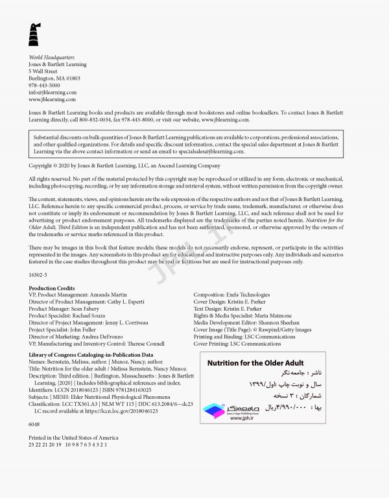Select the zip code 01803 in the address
pyautogui.click(x=72, y=78)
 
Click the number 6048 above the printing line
pyautogui.click(x=35, y=423)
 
